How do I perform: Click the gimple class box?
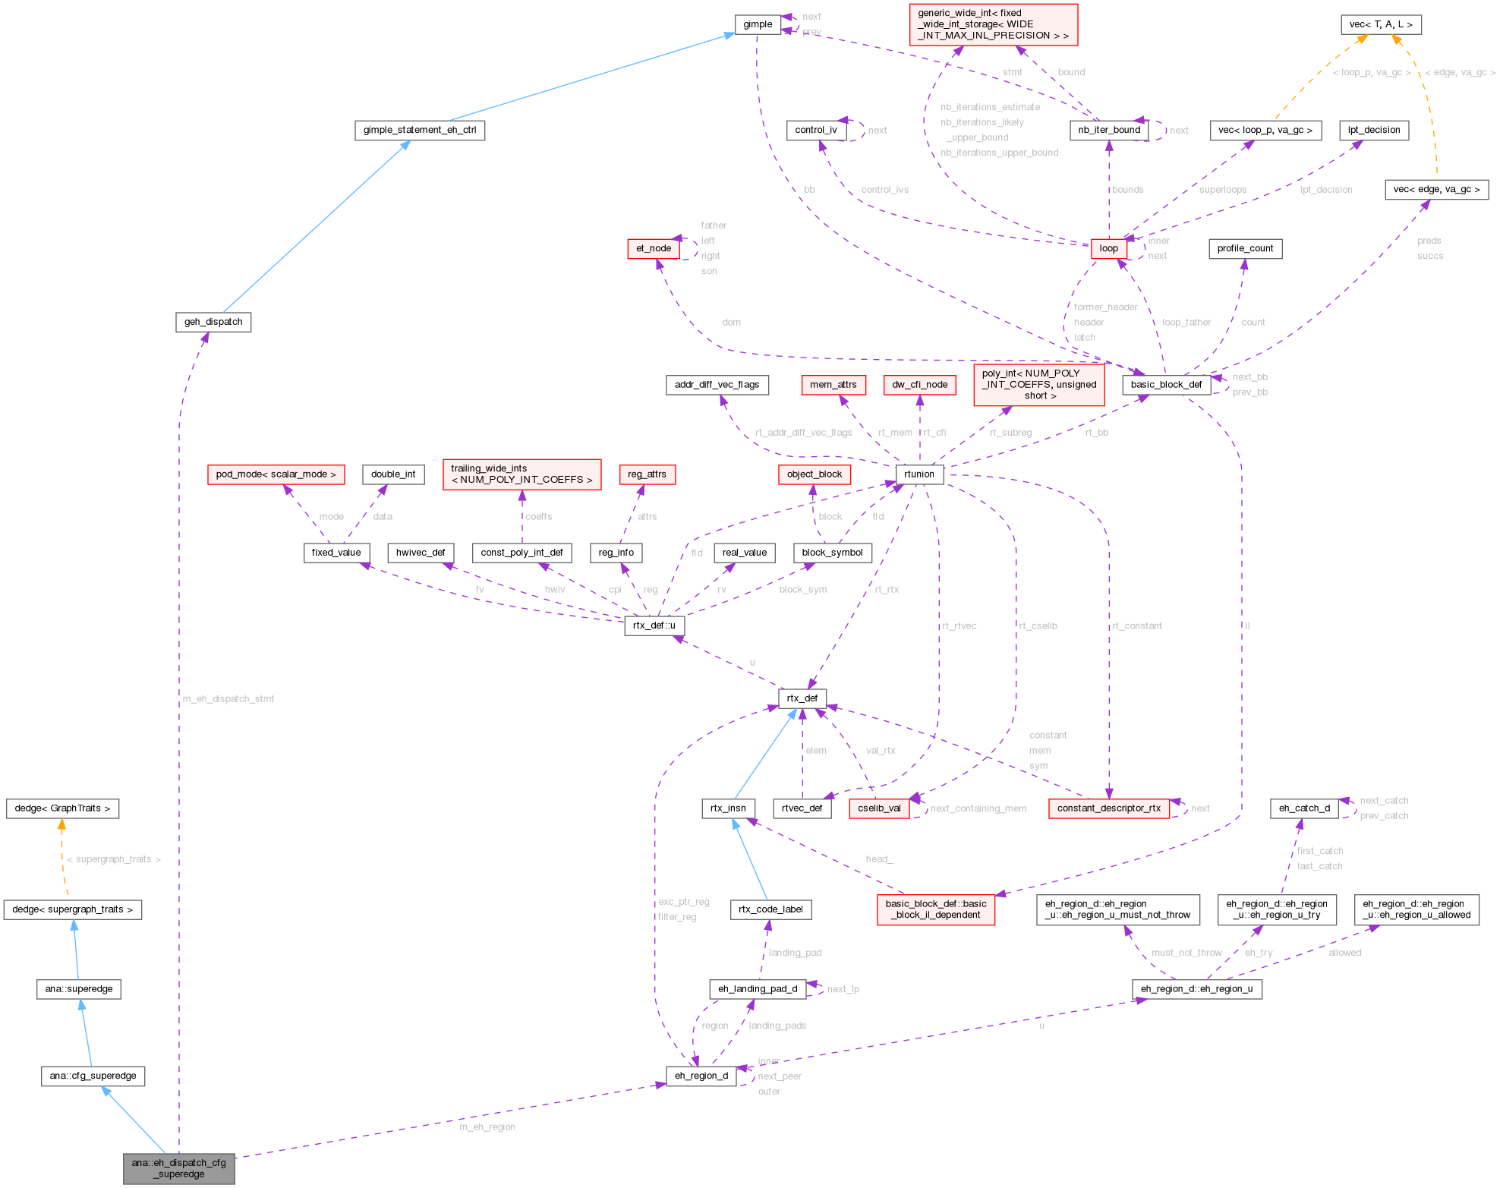[x=757, y=24]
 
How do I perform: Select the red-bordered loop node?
[x=1108, y=248]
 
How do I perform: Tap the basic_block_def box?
[x=1166, y=385]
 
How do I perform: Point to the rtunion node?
[x=919, y=474]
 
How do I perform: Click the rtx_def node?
[x=802, y=698]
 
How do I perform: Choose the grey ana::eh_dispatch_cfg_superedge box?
[x=179, y=1168]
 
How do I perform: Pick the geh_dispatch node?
[x=213, y=322]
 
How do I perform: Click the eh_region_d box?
[x=701, y=1076]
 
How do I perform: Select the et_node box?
[x=653, y=248]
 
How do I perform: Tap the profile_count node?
[x=1245, y=248]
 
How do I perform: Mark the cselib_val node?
[x=879, y=808]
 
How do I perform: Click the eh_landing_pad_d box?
[x=758, y=989]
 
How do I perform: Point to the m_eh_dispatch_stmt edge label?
[x=228, y=699]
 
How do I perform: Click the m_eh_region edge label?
[x=487, y=1127]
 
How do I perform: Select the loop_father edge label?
[x=1186, y=323]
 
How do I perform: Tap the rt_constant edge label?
[x=1137, y=626]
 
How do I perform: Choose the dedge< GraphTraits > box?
[x=62, y=808]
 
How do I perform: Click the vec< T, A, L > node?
[x=1381, y=24]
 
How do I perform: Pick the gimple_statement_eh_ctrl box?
[x=420, y=130]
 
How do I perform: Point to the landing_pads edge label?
[x=777, y=1026]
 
